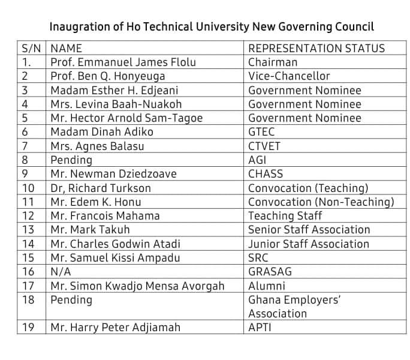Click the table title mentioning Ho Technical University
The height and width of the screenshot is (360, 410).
point(211,27)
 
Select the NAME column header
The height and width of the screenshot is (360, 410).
point(66,49)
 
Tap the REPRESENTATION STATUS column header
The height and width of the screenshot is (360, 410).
point(316,49)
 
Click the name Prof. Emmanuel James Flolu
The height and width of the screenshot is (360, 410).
point(123,62)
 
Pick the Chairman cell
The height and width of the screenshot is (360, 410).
point(273,62)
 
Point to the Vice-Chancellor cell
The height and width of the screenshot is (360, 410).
point(289,76)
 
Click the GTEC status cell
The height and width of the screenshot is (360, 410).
point(261,132)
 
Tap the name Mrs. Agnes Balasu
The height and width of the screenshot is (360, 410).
point(97,146)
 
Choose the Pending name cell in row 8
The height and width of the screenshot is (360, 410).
point(71,160)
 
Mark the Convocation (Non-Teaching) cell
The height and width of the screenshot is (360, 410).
point(321,202)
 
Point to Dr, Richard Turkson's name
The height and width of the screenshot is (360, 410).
point(101,188)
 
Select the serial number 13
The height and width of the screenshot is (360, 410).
point(28,230)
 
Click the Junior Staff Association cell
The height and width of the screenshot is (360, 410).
point(309,244)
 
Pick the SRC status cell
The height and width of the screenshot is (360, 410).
point(259,258)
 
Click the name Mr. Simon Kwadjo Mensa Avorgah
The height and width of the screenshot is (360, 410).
point(137,286)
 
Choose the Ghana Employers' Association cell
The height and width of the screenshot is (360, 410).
point(294,307)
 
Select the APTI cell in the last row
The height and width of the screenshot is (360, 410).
point(261,328)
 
